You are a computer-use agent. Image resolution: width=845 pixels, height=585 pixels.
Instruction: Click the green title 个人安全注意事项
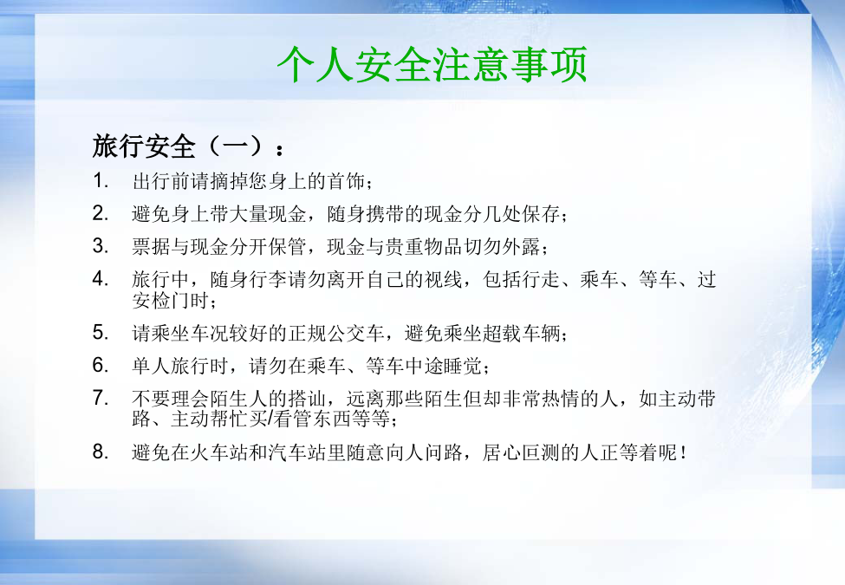pos(432,65)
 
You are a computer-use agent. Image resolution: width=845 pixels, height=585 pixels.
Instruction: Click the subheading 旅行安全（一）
pos(183,146)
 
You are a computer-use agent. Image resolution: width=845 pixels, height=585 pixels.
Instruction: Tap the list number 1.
pos(101,180)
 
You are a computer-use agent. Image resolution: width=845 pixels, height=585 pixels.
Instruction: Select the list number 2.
pos(101,213)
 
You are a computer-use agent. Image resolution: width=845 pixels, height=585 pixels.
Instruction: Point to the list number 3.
pos(101,245)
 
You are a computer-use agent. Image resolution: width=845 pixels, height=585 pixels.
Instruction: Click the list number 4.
pos(101,278)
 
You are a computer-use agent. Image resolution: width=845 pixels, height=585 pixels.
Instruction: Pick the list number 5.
pos(101,332)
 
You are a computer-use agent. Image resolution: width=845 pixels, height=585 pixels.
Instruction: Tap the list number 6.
pos(101,365)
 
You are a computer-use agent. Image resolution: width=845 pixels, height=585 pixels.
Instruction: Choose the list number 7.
pos(101,398)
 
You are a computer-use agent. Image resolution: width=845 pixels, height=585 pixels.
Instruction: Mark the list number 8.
pos(101,452)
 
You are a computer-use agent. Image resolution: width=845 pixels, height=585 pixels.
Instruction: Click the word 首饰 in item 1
pos(346,181)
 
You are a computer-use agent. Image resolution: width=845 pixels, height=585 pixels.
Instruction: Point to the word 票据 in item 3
pos(152,246)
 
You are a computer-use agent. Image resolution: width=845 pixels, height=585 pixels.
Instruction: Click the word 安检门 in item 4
pos(161,300)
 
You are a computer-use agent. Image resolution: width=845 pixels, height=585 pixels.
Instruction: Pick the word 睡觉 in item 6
pos(463,366)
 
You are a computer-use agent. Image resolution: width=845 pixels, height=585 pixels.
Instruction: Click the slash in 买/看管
pos(270,419)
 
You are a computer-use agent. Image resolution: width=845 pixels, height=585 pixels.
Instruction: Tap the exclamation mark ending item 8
pos(684,452)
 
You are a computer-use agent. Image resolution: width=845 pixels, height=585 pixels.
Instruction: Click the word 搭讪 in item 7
pos(307,399)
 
